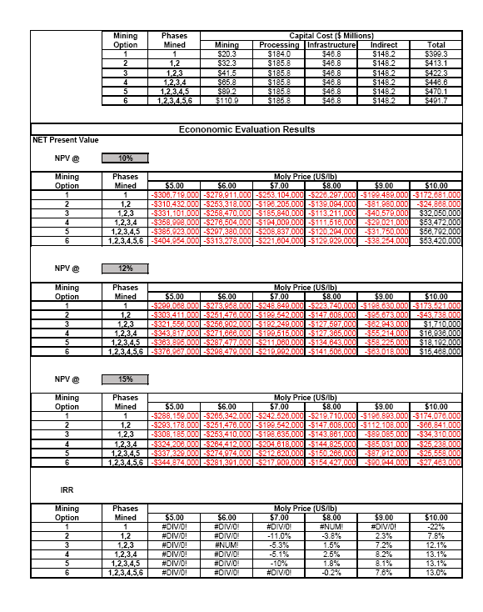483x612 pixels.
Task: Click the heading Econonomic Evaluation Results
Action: [x=246, y=129]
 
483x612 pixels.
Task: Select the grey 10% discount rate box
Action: [x=125, y=158]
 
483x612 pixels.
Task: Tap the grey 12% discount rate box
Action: [x=125, y=268]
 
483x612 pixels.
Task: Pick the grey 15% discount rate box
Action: [x=125, y=379]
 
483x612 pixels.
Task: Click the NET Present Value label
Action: [x=65, y=140]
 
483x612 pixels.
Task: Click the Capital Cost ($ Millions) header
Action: [x=325, y=37]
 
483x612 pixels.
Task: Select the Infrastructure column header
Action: [x=331, y=45]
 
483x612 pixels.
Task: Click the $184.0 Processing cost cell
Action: [x=279, y=53]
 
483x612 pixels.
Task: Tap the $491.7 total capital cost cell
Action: [x=436, y=101]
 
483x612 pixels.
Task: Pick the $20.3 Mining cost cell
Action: [x=227, y=53]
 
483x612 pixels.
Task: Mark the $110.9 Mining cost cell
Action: [x=227, y=101]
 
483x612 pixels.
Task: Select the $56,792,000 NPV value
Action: [x=436, y=231]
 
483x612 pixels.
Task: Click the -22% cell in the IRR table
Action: [x=436, y=526]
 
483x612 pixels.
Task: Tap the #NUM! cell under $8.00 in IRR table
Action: [x=331, y=526]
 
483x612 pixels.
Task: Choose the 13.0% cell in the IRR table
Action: [x=436, y=573]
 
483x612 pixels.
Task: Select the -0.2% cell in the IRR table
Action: [x=331, y=573]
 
